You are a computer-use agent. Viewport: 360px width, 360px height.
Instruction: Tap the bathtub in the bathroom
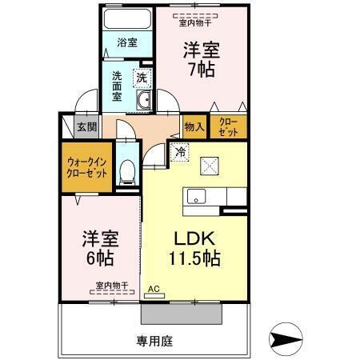[128, 19]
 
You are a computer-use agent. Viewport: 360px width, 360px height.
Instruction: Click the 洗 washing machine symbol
[141, 78]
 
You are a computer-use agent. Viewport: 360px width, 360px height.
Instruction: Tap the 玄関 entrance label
[86, 126]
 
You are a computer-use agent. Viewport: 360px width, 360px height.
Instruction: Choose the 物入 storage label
[194, 126]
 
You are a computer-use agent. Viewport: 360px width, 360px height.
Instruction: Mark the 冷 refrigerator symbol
[181, 150]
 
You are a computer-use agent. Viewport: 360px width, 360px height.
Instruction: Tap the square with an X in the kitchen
[212, 166]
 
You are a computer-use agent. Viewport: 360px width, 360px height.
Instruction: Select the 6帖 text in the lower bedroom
[99, 258]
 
